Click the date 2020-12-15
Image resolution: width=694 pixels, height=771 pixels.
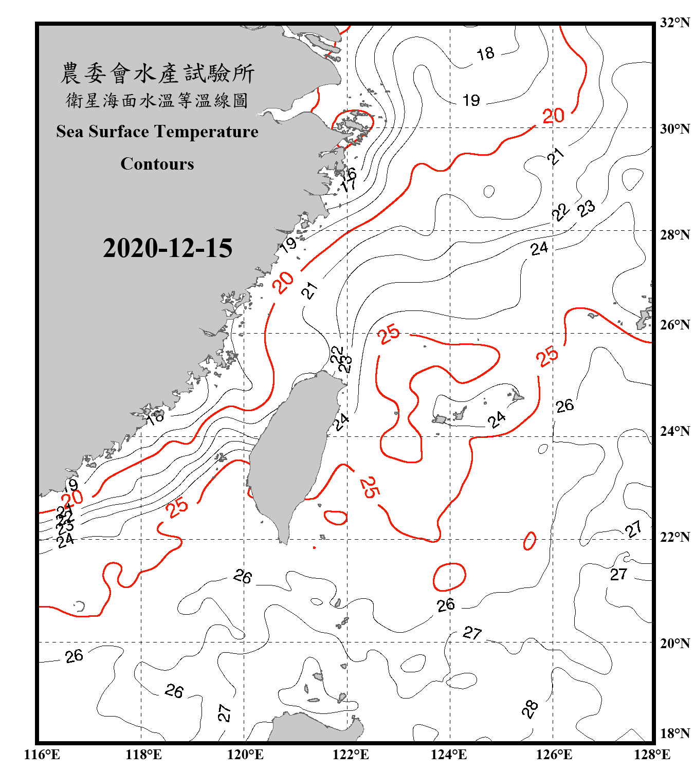tap(168, 248)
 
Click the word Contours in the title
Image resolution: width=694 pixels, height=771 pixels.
tap(157, 164)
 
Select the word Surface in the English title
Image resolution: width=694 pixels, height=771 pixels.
tap(119, 132)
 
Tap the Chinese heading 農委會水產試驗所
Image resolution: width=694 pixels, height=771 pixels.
tap(157, 74)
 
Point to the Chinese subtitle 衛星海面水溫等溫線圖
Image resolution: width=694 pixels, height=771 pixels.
tap(157, 101)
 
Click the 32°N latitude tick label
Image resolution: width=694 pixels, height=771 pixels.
tap(674, 23)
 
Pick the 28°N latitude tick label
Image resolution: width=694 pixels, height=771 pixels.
tap(674, 235)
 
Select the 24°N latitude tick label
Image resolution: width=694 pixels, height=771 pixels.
tap(674, 431)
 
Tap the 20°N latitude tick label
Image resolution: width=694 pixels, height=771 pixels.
tap(674, 643)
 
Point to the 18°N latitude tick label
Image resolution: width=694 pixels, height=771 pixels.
tap(674, 733)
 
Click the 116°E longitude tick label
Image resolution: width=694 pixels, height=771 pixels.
tap(42, 755)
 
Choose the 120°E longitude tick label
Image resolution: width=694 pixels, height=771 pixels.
tap(245, 755)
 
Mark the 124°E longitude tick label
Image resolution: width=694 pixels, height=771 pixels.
tap(449, 755)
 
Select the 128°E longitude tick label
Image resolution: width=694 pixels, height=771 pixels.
tap(652, 755)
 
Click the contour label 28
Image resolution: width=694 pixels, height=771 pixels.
tap(529, 709)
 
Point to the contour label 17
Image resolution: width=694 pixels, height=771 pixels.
tap(350, 184)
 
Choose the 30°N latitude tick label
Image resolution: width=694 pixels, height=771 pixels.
tap(674, 129)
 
